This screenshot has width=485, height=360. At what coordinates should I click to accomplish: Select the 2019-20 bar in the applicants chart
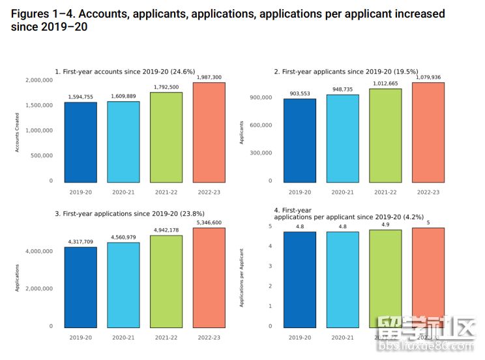[300, 140]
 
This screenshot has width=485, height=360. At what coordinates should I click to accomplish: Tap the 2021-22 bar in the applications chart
[166, 281]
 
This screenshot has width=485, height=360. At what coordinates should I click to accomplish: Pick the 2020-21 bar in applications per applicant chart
[343, 280]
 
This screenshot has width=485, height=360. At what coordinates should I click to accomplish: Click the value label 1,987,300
[209, 78]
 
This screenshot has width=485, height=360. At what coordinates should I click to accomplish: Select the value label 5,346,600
[209, 223]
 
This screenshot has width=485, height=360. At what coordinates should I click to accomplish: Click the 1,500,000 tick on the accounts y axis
[39, 105]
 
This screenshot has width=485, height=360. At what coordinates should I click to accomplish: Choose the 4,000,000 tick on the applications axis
[39, 251]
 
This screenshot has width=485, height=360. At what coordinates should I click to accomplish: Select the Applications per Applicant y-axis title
[242, 278]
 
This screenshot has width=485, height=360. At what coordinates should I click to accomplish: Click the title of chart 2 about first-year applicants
[346, 72]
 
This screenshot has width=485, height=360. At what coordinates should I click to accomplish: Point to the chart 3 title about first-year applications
[130, 213]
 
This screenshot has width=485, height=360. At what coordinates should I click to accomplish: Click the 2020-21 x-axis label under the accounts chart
[123, 192]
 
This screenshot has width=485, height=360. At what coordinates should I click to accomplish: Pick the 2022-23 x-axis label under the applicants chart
[428, 192]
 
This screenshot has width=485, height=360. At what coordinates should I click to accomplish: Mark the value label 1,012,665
[385, 83]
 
